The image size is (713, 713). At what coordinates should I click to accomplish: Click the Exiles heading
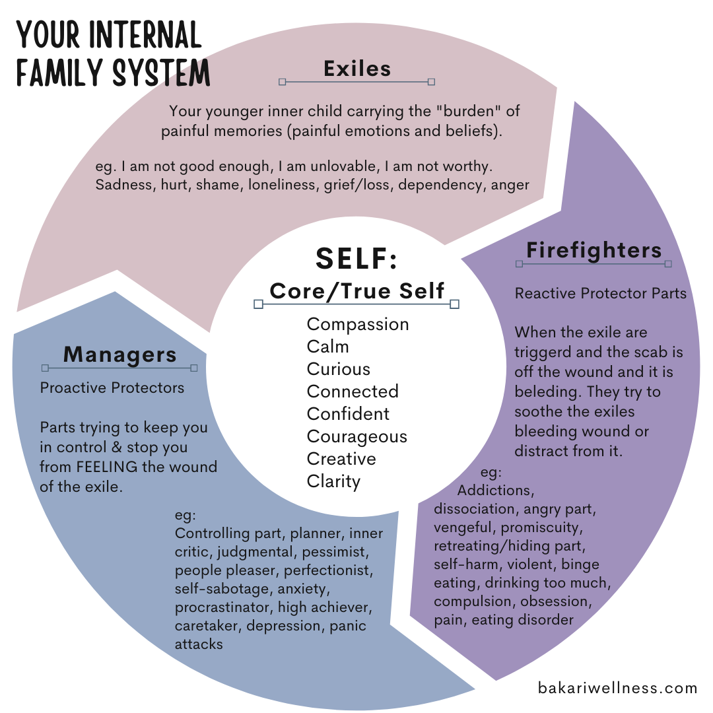tap(357, 69)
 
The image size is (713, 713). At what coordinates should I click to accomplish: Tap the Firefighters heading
tap(594, 250)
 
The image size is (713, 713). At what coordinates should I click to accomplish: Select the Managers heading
tap(119, 355)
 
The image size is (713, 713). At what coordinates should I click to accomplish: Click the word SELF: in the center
tap(356, 258)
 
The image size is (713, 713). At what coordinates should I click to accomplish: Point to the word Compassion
tap(358, 324)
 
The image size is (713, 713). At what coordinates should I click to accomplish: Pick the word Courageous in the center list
tap(357, 436)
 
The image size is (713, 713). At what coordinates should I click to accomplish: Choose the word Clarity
tap(333, 481)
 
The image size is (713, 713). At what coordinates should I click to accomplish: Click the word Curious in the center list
tap(339, 369)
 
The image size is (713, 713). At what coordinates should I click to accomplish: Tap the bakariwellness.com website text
tap(617, 688)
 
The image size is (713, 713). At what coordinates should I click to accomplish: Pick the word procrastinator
tap(224, 607)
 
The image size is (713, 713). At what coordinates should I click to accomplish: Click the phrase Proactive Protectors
tap(112, 388)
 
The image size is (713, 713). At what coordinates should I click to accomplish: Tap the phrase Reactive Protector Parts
tap(601, 292)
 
